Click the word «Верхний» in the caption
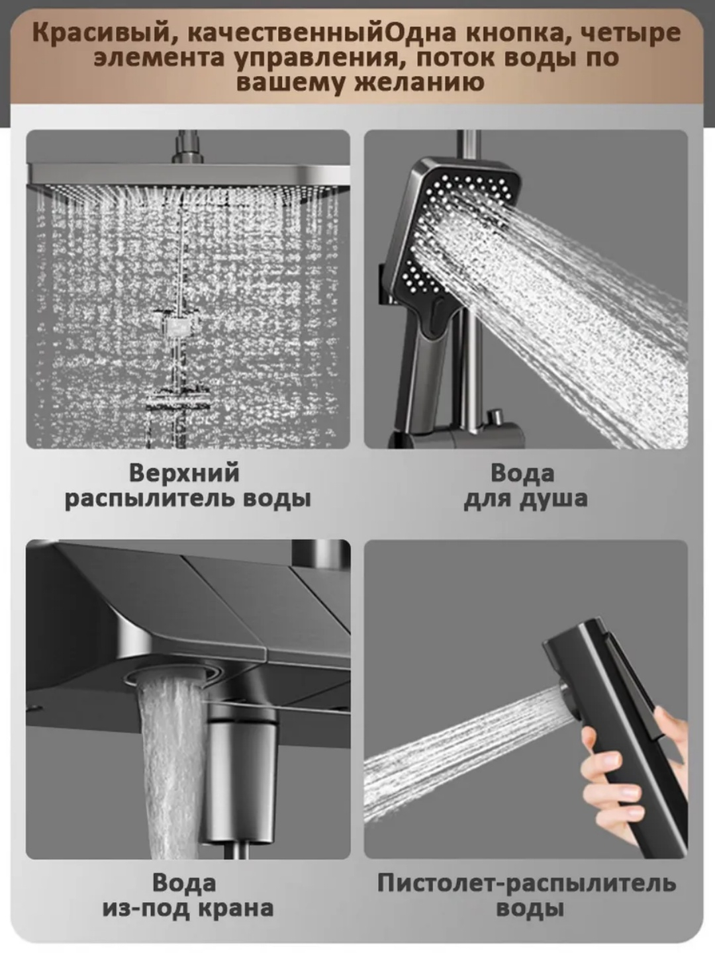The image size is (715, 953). [x=184, y=473]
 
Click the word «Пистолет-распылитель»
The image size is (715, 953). [x=526, y=884]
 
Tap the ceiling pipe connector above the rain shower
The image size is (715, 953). [x=187, y=148]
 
